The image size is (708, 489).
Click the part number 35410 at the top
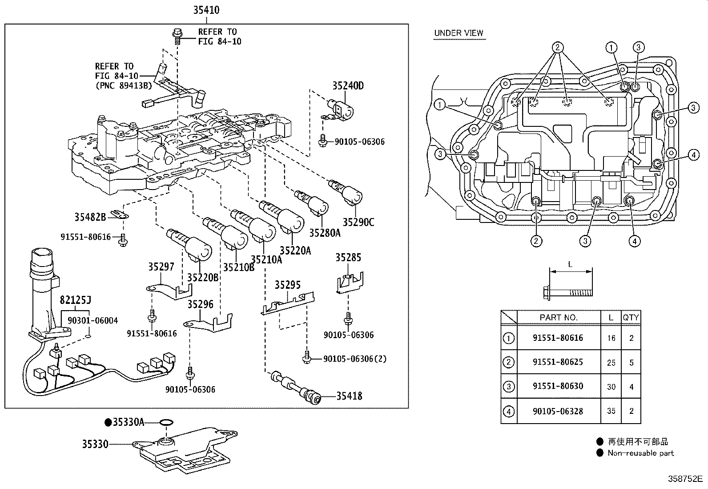206,10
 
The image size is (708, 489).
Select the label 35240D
348,86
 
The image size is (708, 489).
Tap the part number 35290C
358,222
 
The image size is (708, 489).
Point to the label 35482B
90,217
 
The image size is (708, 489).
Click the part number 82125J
75,300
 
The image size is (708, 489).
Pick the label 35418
349,396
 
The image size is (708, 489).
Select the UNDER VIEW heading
459,33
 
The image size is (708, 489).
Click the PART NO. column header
559,318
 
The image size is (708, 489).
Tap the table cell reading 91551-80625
558,362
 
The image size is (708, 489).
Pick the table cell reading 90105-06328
558,411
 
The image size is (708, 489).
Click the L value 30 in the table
611,387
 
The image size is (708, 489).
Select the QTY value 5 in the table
631,363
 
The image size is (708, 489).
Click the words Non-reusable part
641,453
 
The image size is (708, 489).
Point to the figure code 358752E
685,479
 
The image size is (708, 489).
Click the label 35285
348,258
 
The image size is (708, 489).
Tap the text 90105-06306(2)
354,359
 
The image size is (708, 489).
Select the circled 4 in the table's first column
509,412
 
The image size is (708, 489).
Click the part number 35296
201,304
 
